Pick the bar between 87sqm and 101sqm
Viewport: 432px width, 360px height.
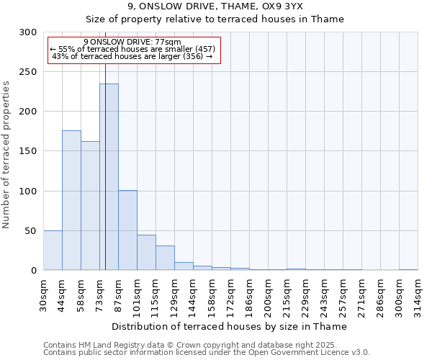point(127,230)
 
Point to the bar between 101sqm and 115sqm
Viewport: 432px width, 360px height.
point(146,252)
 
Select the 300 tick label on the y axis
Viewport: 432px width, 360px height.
point(29,32)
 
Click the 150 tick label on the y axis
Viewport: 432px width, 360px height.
point(29,151)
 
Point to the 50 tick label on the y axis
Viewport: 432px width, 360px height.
point(32,231)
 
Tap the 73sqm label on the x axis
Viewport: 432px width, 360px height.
point(100,290)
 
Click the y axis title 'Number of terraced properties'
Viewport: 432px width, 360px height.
point(7,154)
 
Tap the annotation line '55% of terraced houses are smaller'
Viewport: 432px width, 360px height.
point(132,49)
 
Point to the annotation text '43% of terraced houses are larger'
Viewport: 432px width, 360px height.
point(132,56)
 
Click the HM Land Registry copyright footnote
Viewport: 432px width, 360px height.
point(205,345)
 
